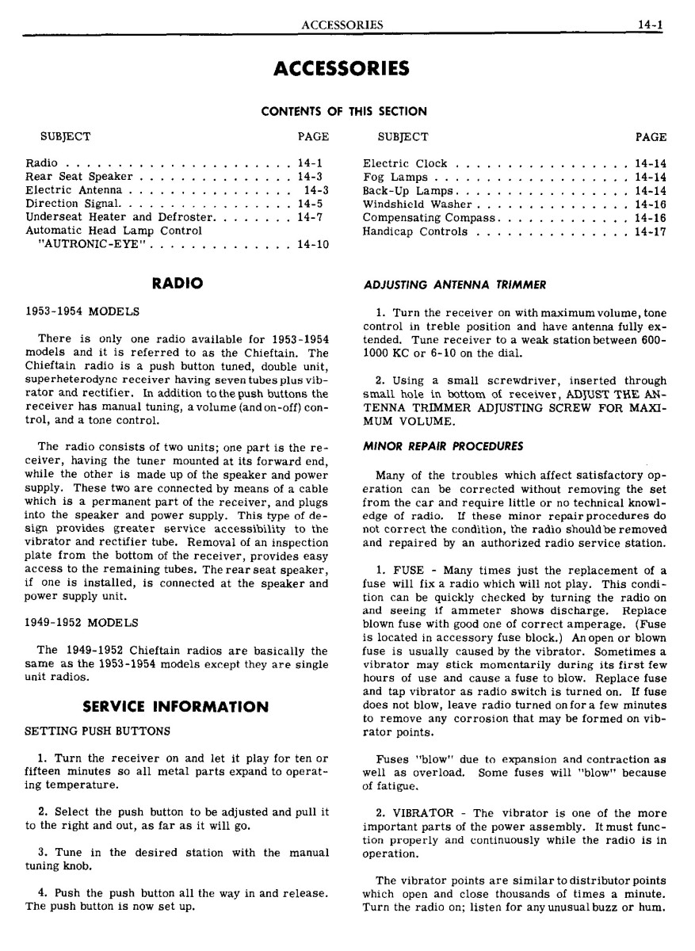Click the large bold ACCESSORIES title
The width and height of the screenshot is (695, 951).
[342, 69]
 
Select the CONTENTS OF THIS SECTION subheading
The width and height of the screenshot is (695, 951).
[344, 112]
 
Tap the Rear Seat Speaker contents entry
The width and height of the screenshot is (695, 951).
[79, 177]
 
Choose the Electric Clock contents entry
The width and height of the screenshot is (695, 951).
[405, 163]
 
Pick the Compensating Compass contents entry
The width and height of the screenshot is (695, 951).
[429, 218]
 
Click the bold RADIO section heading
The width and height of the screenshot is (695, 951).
[178, 283]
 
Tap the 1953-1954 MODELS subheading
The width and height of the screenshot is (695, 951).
[82, 311]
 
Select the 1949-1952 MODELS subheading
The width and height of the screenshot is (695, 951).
[82, 622]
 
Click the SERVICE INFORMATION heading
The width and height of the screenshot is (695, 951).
[175, 706]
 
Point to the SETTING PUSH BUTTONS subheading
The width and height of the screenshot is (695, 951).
[97, 730]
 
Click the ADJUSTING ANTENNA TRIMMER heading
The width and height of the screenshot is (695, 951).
[455, 285]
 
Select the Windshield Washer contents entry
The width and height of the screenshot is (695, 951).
[418, 204]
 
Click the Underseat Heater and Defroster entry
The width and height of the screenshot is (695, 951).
[120, 217]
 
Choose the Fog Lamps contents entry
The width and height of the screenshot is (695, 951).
[395, 177]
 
